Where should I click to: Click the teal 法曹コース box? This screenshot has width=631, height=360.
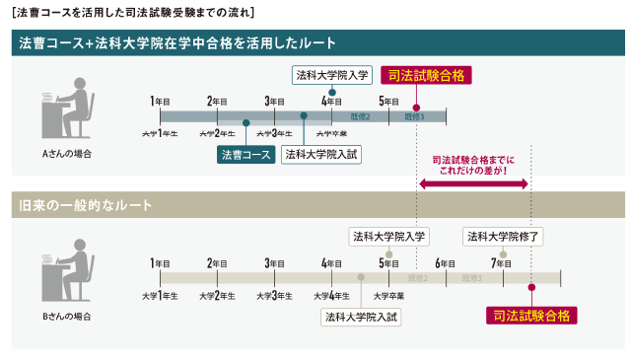click(245, 155)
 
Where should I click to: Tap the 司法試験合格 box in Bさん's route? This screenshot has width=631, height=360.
click(531, 316)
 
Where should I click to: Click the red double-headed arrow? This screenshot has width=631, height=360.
click(474, 183)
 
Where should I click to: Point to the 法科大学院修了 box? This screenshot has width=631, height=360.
click(504, 237)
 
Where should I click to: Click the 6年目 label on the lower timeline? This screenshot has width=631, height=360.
click(446, 263)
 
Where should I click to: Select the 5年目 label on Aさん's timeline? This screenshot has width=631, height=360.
click(389, 101)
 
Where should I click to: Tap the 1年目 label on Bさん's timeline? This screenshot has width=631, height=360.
click(160, 263)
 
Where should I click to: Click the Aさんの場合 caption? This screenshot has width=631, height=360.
click(67, 154)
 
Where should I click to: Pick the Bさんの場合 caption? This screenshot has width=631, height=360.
click(67, 317)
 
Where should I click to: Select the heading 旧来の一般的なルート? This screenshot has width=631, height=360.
click(86, 206)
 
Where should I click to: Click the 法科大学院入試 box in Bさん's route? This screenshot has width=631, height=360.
click(362, 317)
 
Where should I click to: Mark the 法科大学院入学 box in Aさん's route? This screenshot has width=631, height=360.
click(332, 74)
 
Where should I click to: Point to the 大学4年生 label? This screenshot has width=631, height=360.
click(332, 296)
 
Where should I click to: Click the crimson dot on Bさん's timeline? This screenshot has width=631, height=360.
click(531, 288)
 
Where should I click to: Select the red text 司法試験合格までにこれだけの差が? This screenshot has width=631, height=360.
click(474, 163)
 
